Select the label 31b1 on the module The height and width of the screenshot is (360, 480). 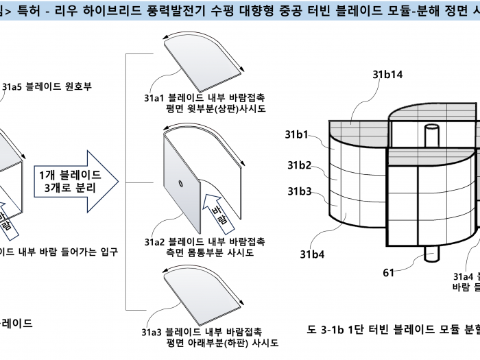[x=300, y=135]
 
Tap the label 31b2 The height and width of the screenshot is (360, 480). [x=300, y=165]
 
